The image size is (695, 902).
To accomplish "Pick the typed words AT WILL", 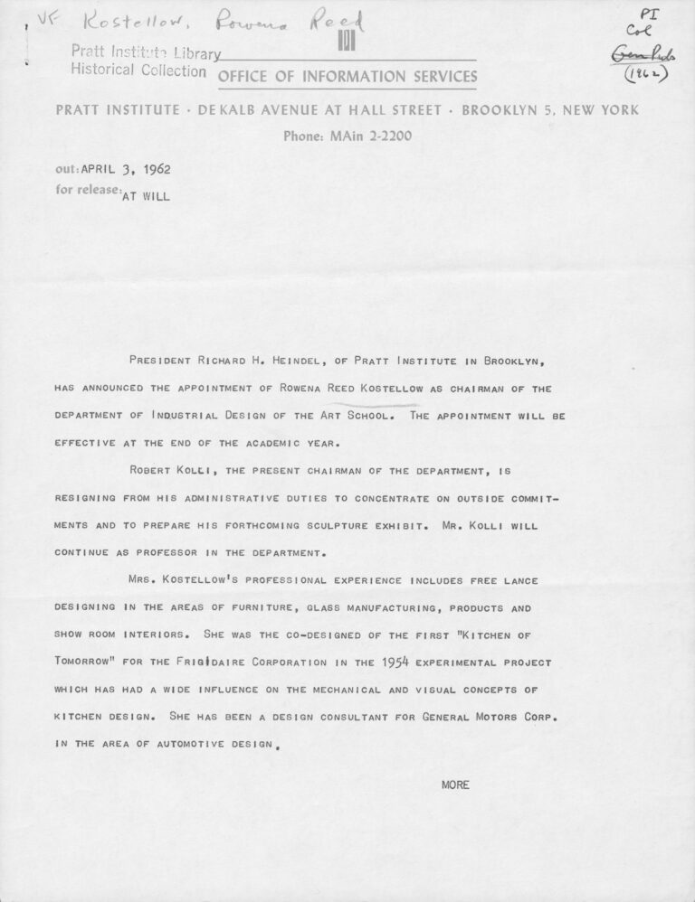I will pyautogui.click(x=144, y=193).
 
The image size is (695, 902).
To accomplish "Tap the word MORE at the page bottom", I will pyautogui.click(x=455, y=784).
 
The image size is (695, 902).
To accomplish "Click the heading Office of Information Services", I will pyautogui.click(x=347, y=76).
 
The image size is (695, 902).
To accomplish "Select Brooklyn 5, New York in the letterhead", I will pyautogui.click(x=550, y=110).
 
